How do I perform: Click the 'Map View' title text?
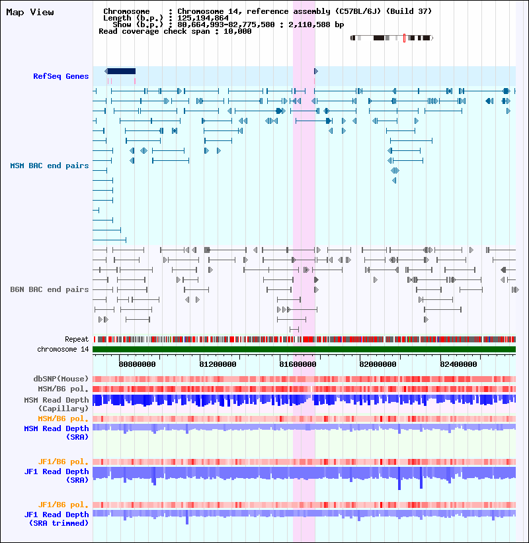[x=30, y=12]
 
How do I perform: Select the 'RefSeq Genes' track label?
[x=61, y=76]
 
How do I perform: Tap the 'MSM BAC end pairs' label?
[x=50, y=166]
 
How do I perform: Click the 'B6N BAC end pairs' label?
[x=50, y=289]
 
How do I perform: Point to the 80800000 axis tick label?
[x=137, y=364]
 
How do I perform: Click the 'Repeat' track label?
[x=77, y=339]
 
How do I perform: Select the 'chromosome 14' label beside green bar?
[x=63, y=349]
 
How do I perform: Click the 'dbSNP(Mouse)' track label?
[x=61, y=379]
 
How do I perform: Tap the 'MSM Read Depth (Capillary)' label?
[x=56, y=404]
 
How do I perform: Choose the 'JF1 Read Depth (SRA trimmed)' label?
[x=56, y=518]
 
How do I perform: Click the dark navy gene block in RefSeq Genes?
[x=122, y=71]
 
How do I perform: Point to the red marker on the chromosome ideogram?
[x=404, y=38]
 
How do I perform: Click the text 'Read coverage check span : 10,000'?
[x=175, y=31]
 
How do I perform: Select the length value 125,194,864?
[x=203, y=18]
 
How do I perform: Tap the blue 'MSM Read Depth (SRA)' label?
[x=56, y=433]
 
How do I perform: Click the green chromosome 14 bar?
[x=304, y=349]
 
